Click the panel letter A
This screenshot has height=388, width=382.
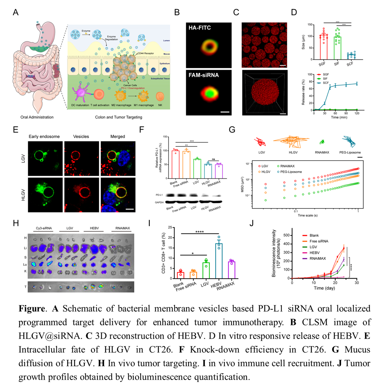click(15, 13)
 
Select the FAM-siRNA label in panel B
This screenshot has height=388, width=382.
click(204, 75)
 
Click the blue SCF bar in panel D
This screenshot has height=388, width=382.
click(351, 57)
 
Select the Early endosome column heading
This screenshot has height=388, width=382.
click(44, 137)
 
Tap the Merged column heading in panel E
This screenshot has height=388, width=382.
click(118, 137)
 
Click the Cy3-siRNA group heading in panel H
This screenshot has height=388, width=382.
click(44, 228)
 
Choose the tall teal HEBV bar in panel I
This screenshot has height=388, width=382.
click(219, 261)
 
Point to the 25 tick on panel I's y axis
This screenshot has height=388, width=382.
click(170, 228)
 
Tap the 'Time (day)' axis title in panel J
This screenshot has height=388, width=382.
click(324, 288)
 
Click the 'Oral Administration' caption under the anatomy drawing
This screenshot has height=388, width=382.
click(37, 117)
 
